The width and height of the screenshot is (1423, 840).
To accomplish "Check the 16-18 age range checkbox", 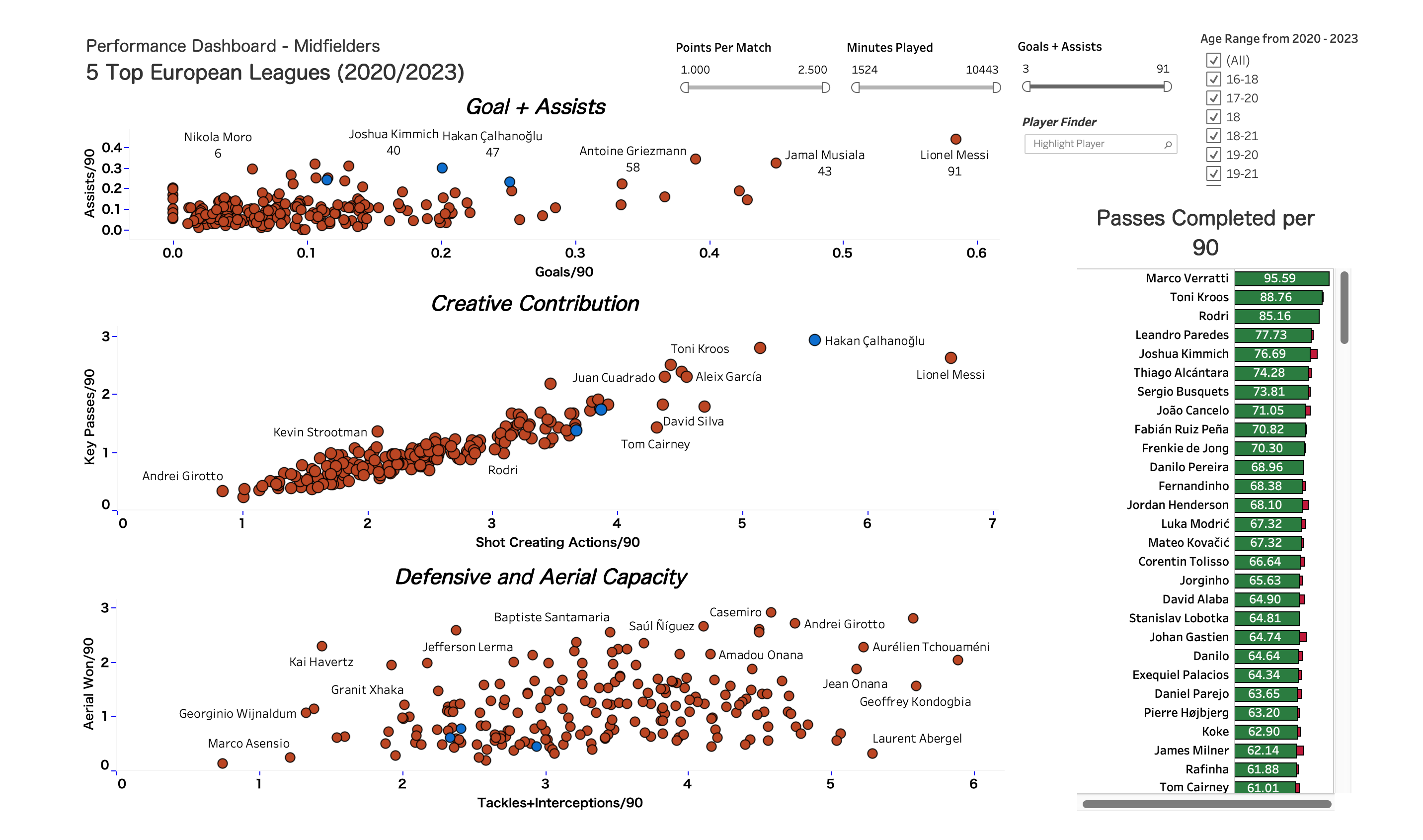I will pyautogui.click(x=1213, y=79).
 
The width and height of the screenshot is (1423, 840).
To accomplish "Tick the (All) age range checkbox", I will pyautogui.click(x=1213, y=60).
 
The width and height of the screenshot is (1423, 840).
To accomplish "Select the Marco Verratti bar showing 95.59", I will pyautogui.click(x=1281, y=278).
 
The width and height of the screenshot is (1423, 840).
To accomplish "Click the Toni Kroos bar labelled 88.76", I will pyautogui.click(x=1277, y=297).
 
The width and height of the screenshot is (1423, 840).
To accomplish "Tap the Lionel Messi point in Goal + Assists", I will pyautogui.click(x=955, y=139).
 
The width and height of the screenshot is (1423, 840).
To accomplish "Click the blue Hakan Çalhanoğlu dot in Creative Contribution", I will pyautogui.click(x=814, y=340).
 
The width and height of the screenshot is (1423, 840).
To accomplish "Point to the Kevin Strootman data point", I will pyautogui.click(x=378, y=431).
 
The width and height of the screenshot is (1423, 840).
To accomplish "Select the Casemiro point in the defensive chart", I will pyautogui.click(x=771, y=612).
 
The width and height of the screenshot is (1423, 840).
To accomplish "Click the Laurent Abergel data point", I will pyautogui.click(x=872, y=754).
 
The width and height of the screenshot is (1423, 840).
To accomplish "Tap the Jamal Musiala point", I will pyautogui.click(x=776, y=163).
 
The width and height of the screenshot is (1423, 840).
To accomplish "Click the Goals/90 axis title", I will pyautogui.click(x=563, y=272).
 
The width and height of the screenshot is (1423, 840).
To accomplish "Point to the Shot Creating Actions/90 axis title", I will pyautogui.click(x=557, y=542).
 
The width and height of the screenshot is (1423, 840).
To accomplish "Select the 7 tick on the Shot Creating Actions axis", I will pyautogui.click(x=992, y=523).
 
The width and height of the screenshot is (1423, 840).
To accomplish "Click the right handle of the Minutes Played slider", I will pyautogui.click(x=996, y=87).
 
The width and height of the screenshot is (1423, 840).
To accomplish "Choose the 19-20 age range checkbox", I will pyautogui.click(x=1213, y=155).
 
